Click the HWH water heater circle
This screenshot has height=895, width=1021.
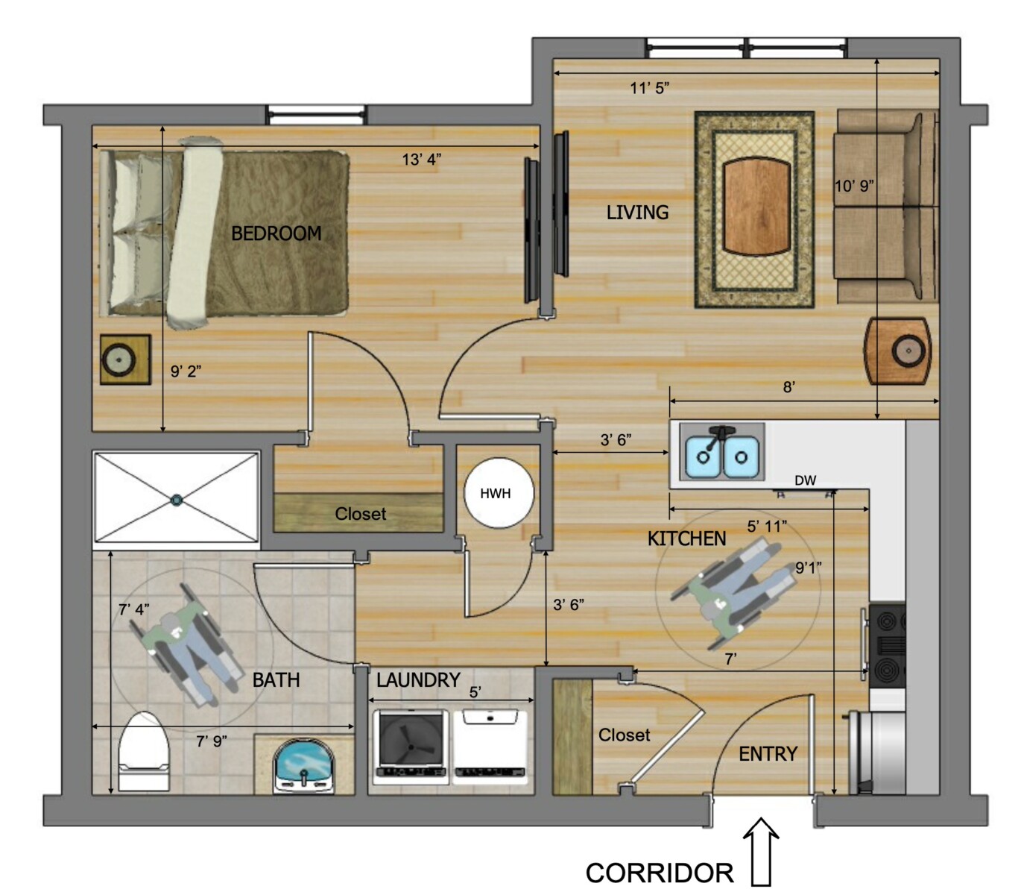[498, 493]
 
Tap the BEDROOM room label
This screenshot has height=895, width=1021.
[276, 233]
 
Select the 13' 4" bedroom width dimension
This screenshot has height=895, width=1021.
[422, 160]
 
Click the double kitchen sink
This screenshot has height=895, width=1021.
[722, 452]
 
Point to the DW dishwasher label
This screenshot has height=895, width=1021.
[805, 480]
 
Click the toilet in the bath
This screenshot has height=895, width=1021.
[144, 752]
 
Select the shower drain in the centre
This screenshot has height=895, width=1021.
[177, 500]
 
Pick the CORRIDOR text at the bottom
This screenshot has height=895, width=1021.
[660, 873]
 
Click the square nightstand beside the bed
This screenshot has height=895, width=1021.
[125, 359]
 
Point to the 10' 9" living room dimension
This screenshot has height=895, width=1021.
[854, 186]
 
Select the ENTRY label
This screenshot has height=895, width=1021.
[768, 753]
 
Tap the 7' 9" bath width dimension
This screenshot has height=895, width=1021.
[212, 741]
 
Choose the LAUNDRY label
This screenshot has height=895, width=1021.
[418, 679]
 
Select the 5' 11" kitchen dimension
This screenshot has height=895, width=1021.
[767, 527]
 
